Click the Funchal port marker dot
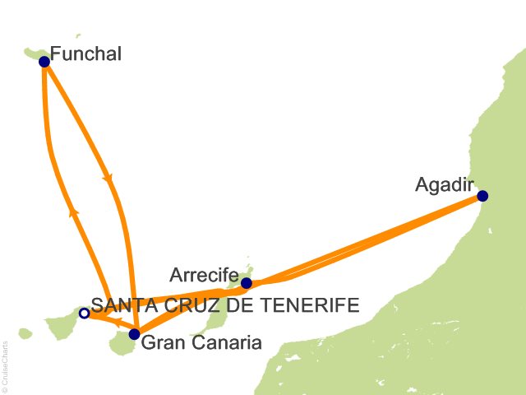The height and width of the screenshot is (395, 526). [44, 61]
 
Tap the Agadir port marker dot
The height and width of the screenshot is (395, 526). [482, 196]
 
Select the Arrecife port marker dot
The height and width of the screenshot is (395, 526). [247, 283]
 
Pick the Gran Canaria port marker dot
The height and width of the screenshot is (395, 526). [134, 334]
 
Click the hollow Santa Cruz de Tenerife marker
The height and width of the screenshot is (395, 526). [84, 313]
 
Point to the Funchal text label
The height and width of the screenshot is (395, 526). [85, 54]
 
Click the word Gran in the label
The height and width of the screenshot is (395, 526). [161, 342]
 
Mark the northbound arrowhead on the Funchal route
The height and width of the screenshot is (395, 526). [74, 211]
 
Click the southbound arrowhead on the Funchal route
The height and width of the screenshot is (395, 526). [108, 179]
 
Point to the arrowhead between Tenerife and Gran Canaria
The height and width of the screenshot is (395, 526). [117, 322]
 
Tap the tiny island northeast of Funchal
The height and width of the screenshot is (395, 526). [79, 35]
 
